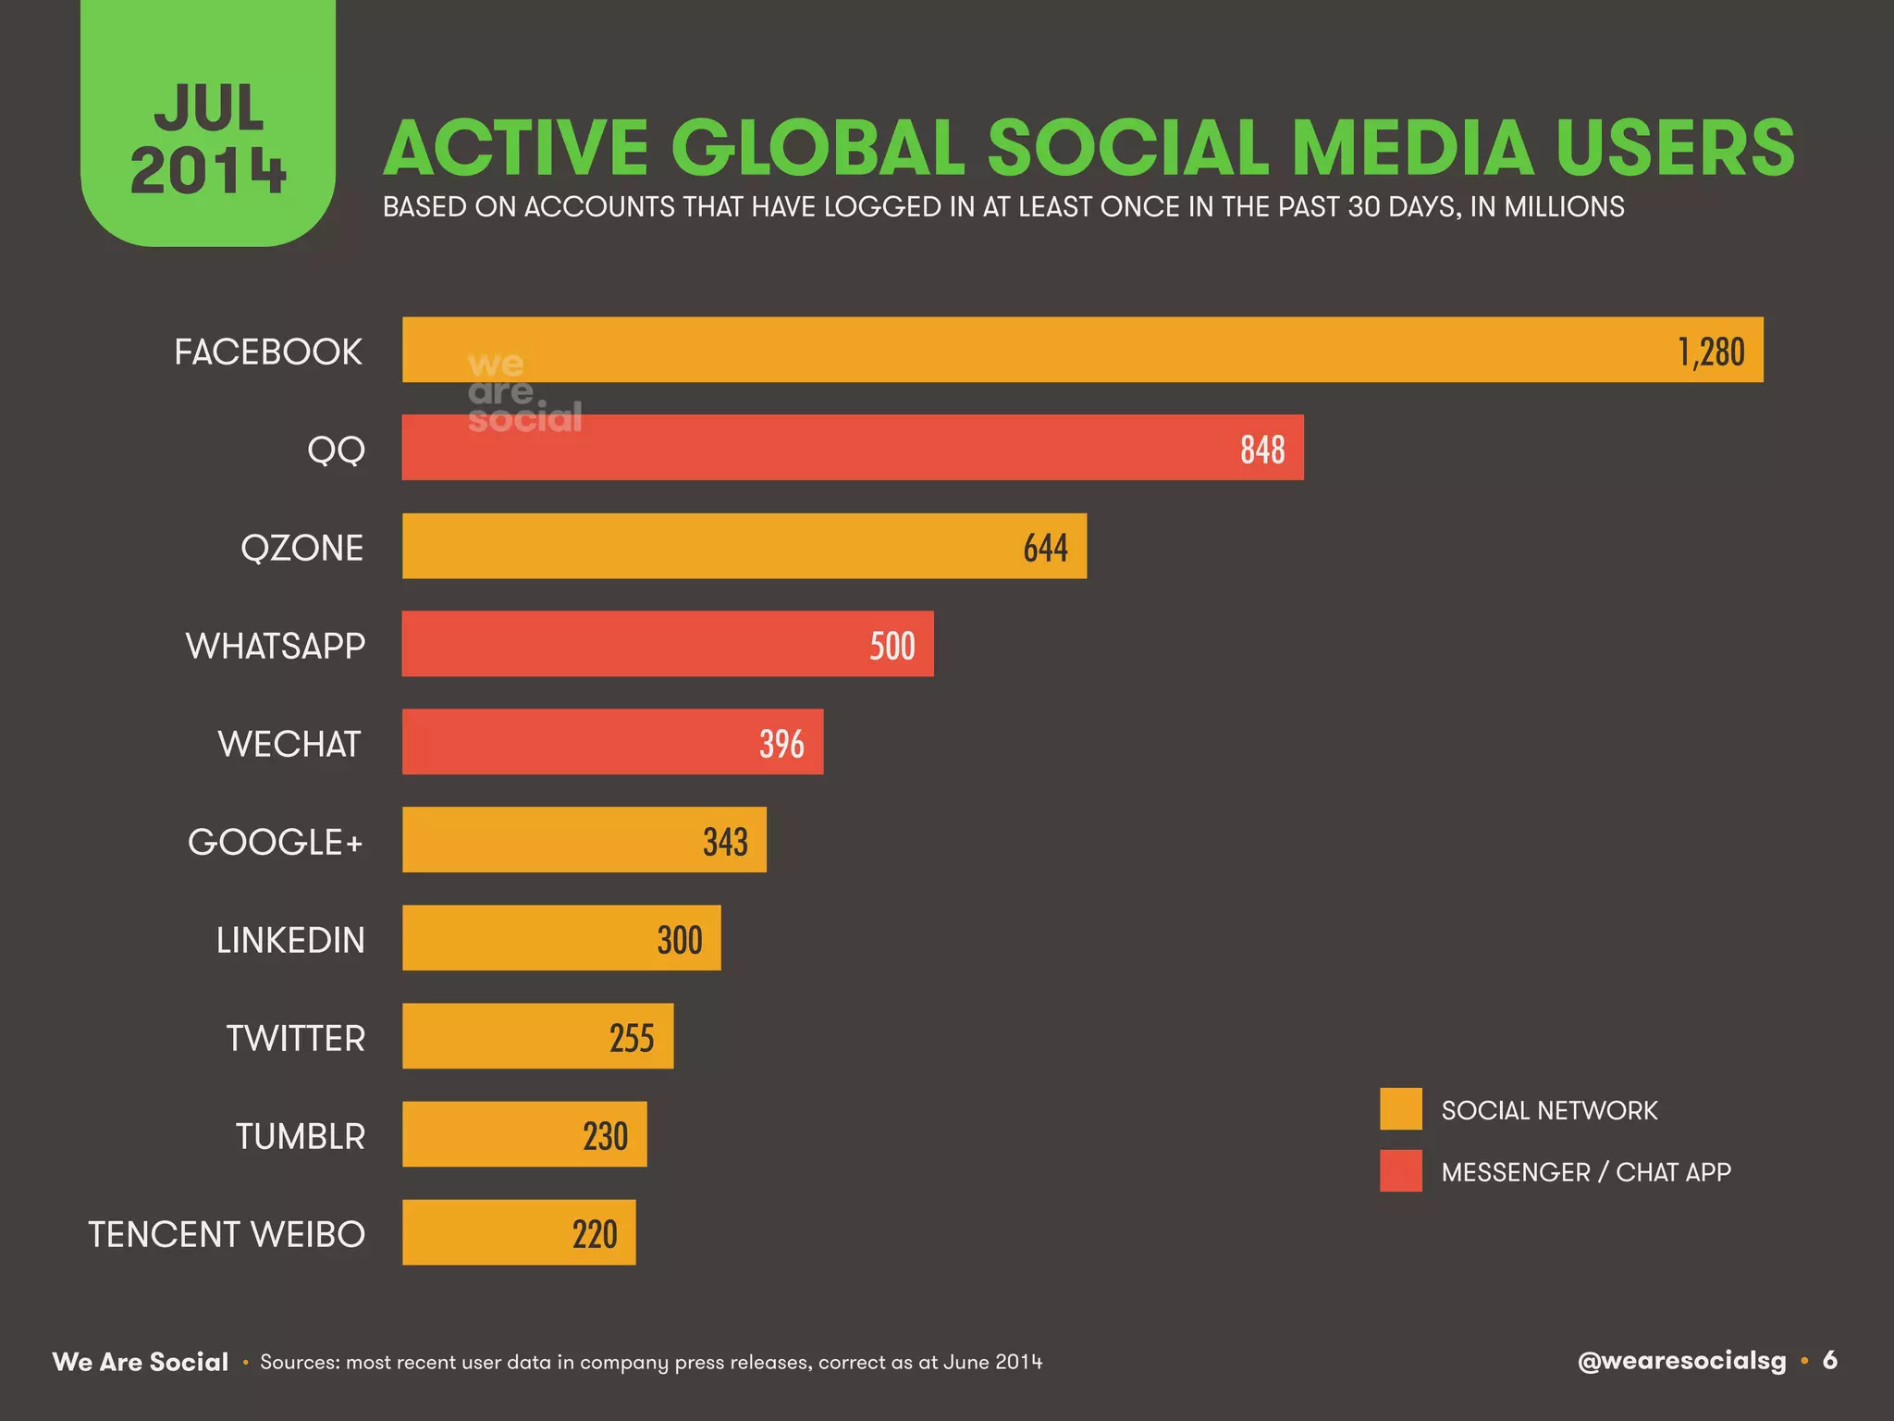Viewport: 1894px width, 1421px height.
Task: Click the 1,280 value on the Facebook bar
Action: [x=1711, y=352]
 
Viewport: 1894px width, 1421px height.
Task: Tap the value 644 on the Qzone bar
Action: [x=1045, y=548]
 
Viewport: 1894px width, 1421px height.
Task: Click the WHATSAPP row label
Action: [x=276, y=646]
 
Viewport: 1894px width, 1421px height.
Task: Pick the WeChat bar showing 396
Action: [x=612, y=742]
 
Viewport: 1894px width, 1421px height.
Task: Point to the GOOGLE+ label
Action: [x=276, y=842]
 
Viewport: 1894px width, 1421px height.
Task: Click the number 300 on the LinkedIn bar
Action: [x=680, y=940]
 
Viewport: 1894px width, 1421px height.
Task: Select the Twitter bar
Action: [x=536, y=1036]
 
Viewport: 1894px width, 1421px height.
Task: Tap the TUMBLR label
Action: [x=301, y=1136]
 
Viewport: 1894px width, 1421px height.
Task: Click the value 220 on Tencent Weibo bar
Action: [x=594, y=1234]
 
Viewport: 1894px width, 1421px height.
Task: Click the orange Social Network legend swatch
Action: [x=1400, y=1109]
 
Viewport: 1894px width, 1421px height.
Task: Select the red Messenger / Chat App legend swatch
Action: [x=1400, y=1171]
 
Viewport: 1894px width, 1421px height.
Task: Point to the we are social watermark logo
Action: [x=523, y=392]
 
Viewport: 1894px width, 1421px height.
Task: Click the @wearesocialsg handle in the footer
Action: [x=1681, y=1361]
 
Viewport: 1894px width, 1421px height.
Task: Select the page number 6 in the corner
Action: [x=1829, y=1360]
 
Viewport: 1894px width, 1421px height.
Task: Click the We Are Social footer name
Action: [x=141, y=1362]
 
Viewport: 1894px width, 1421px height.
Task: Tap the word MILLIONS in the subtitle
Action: [x=1563, y=206]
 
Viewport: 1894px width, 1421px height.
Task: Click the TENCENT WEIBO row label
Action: [x=227, y=1234]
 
